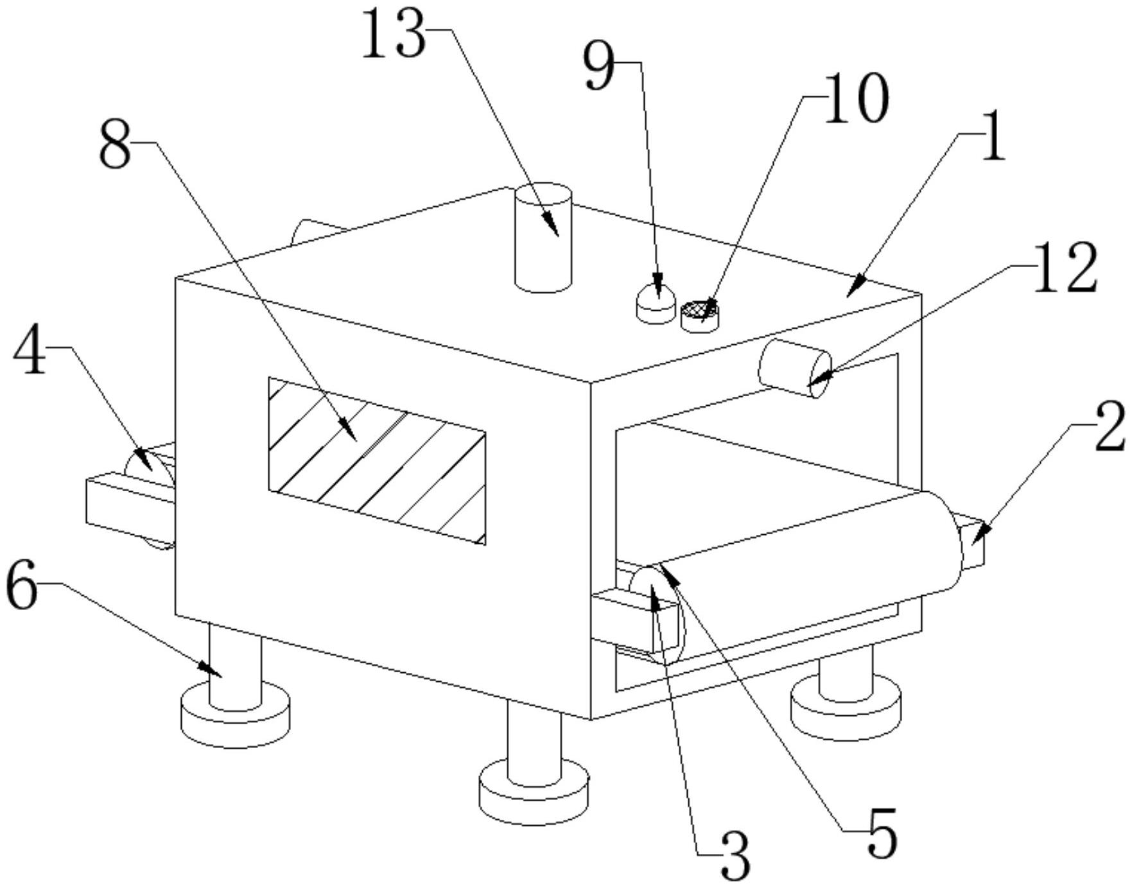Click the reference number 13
pos(394,36)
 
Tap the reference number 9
pos(599,67)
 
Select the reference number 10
pos(856,99)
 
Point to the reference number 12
pos(1064,268)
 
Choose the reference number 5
pos(882,833)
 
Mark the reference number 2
pos(1108,426)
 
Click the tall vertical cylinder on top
pos(543,238)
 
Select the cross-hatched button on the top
pos(700,317)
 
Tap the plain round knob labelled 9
pos(656,304)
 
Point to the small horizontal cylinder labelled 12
pos(795,368)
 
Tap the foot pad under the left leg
pos(235,714)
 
